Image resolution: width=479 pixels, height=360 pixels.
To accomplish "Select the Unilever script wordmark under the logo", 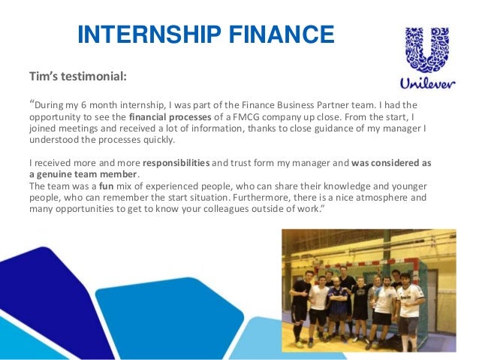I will [x=424, y=83].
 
